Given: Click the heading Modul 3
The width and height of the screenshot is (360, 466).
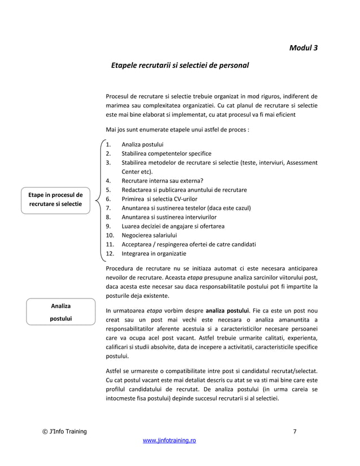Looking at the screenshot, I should [303, 47].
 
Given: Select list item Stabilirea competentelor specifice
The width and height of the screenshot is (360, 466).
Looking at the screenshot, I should [163, 153].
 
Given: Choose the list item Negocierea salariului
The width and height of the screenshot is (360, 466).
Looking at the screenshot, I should [146, 235].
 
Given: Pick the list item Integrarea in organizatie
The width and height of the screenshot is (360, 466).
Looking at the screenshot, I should [150, 253].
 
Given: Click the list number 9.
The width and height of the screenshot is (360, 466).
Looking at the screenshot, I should [108, 226].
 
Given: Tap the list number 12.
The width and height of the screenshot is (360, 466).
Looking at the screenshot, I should [110, 253].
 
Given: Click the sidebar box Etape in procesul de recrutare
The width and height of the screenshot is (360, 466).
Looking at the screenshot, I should [55, 199].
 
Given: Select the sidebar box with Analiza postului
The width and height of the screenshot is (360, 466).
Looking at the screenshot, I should [56, 312].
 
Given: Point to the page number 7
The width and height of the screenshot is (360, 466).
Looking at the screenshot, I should [295, 432].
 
